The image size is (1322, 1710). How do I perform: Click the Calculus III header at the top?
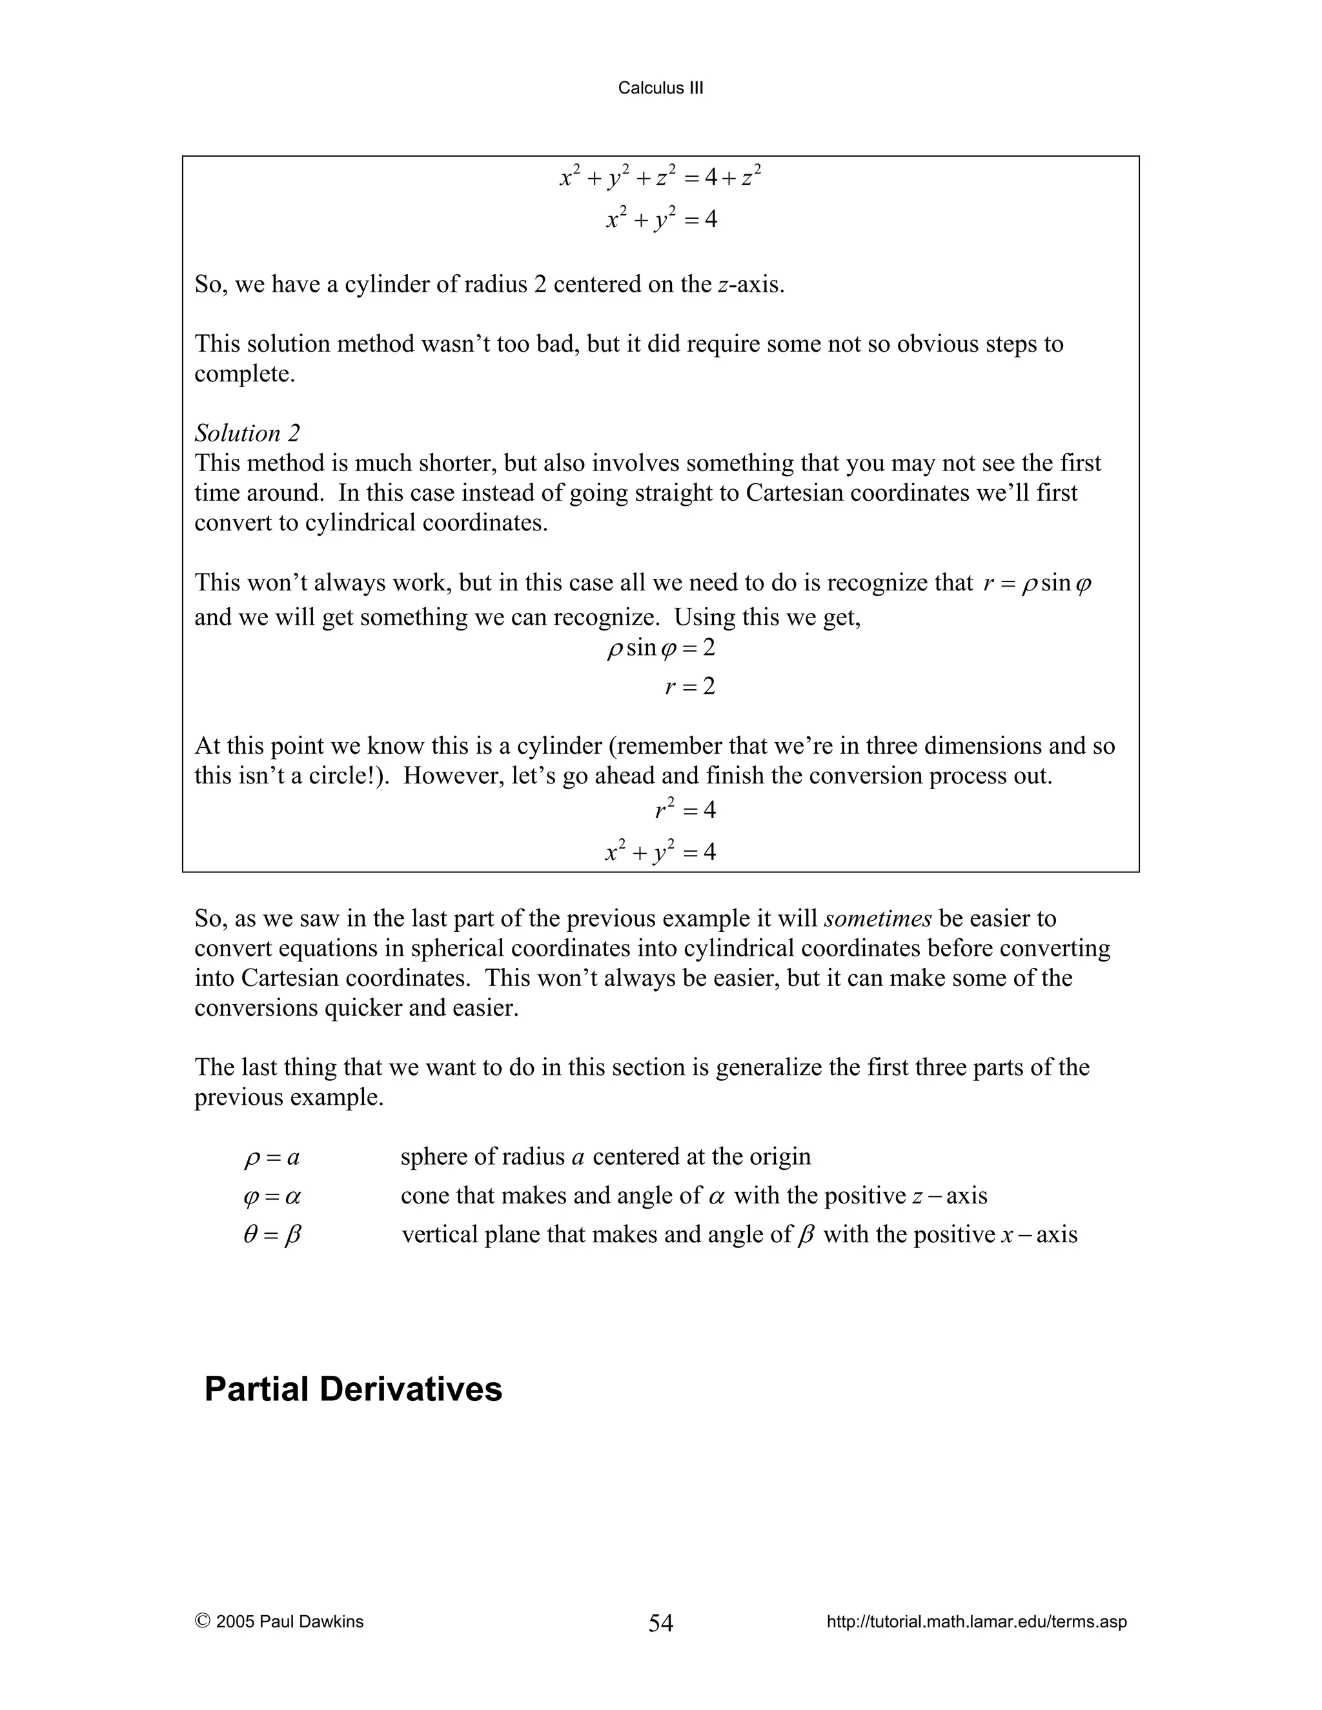pyautogui.click(x=660, y=88)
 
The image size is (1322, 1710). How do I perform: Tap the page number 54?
pyautogui.click(x=660, y=1623)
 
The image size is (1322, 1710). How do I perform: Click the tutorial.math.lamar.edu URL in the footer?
pyautogui.click(x=977, y=1622)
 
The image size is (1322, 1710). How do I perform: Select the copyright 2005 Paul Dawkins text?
pyautogui.click(x=280, y=1622)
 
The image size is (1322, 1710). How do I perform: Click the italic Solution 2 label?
pyautogui.click(x=247, y=433)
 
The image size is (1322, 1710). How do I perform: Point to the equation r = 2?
pyautogui.click(x=690, y=687)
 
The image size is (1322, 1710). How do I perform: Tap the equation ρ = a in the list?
pyautogui.click(x=272, y=1157)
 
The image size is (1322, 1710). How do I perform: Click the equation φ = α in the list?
pyautogui.click(x=272, y=1196)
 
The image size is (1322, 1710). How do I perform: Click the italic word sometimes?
pyautogui.click(x=877, y=918)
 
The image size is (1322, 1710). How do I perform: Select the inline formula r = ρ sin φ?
pyautogui.click(x=1037, y=583)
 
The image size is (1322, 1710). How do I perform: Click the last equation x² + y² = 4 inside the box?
pyautogui.click(x=660, y=852)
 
